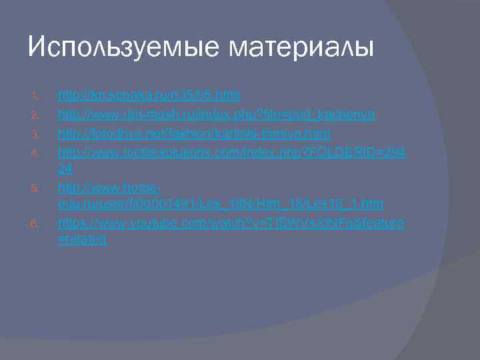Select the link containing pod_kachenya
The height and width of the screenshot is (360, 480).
tap(217, 115)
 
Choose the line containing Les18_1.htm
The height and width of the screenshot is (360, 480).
tap(220, 203)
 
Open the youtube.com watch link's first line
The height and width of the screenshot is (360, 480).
tap(231, 223)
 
